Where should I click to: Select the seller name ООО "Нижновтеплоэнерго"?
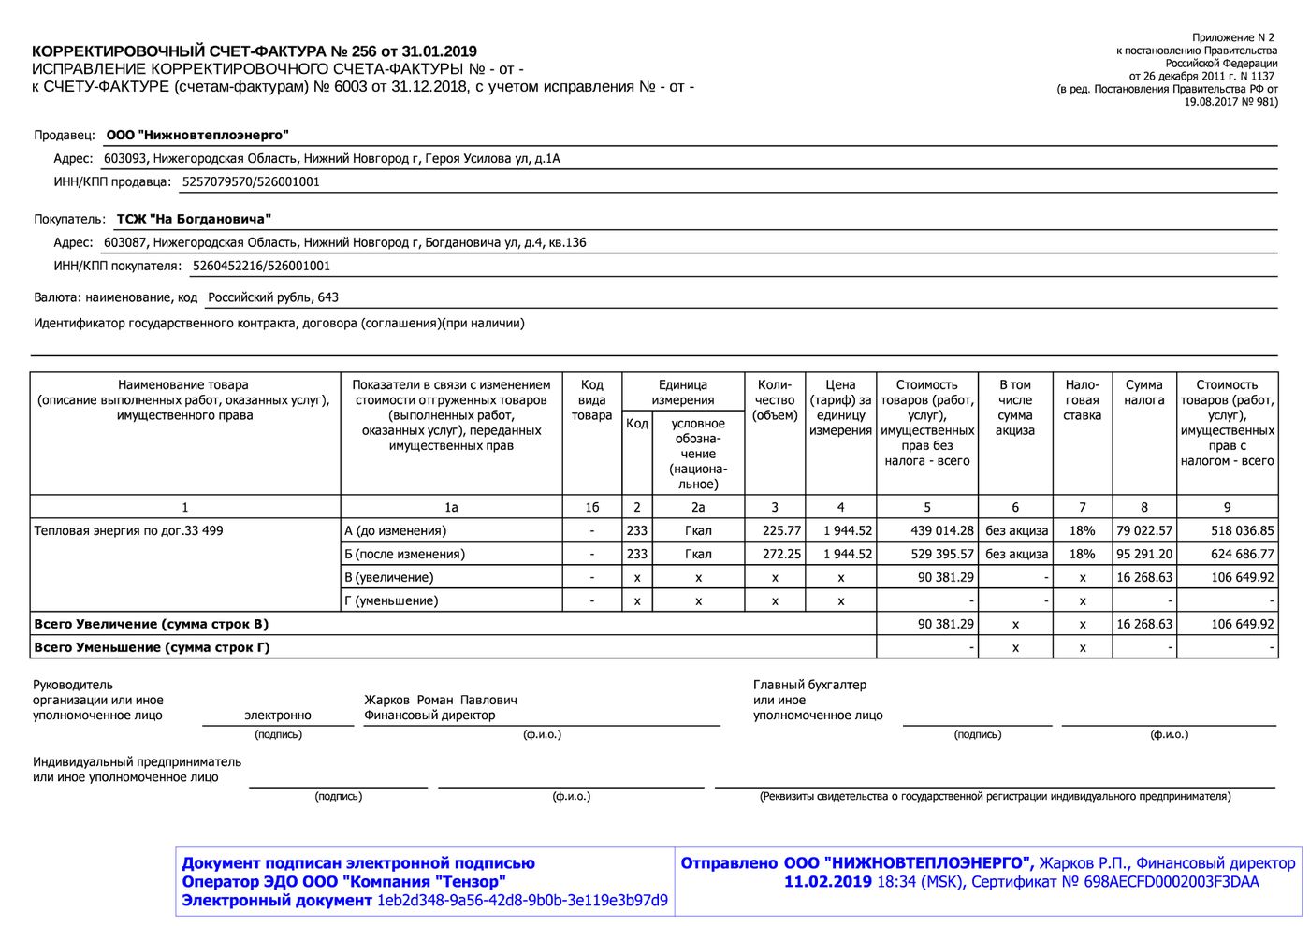click(x=197, y=136)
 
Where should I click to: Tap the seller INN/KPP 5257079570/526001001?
click(x=251, y=182)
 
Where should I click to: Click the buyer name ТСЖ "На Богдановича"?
click(x=194, y=220)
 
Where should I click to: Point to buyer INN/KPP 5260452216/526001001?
click(x=261, y=267)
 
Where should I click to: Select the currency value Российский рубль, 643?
click(x=273, y=297)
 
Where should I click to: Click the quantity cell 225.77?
click(x=782, y=530)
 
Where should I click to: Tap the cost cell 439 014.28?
click(x=941, y=530)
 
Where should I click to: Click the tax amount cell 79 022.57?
click(x=1143, y=530)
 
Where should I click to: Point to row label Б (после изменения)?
click(x=405, y=554)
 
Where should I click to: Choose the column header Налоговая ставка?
click(x=1082, y=400)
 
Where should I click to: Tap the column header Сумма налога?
click(x=1143, y=393)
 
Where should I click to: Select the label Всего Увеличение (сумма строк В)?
click(x=151, y=624)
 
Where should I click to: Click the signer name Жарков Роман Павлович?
click(x=441, y=700)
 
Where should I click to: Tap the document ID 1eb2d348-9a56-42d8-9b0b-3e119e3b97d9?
click(x=522, y=901)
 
